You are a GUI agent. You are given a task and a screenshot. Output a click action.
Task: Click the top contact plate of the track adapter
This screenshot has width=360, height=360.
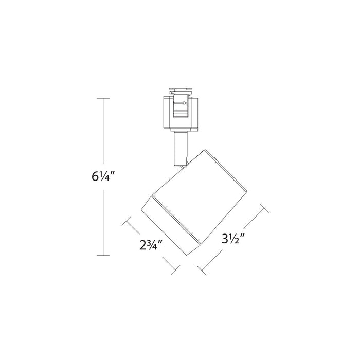click(x=181, y=89)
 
